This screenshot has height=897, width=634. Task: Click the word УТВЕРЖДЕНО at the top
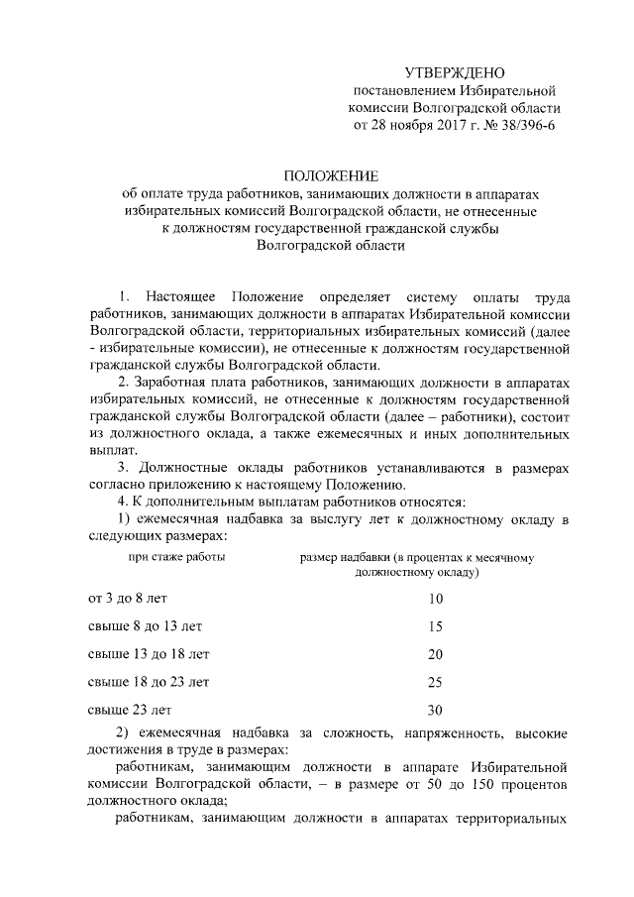pyautogui.click(x=455, y=72)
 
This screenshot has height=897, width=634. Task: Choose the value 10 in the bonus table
pyautogui.click(x=435, y=599)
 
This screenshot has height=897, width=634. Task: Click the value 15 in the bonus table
pyautogui.click(x=435, y=626)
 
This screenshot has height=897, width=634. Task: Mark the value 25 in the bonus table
pyautogui.click(x=435, y=682)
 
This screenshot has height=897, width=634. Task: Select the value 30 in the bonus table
pyautogui.click(x=435, y=710)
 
